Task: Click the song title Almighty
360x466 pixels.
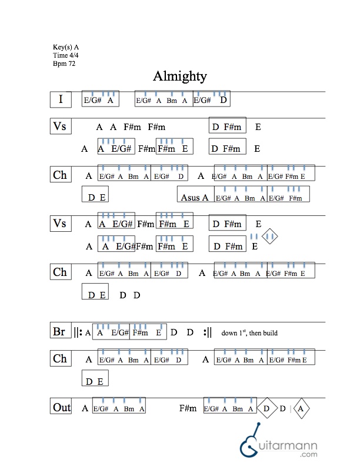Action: pyautogui.click(x=179, y=76)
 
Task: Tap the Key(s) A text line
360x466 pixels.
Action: pyautogui.click(x=66, y=46)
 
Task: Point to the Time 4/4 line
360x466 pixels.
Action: pyautogui.click(x=65, y=55)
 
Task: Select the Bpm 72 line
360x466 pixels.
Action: pyautogui.click(x=64, y=63)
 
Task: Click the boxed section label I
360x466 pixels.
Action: pyautogui.click(x=61, y=99)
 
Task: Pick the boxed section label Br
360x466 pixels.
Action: pyautogui.click(x=59, y=332)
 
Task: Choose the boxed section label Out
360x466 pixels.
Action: pyautogui.click(x=61, y=407)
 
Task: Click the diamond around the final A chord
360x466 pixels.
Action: pyautogui.click(x=301, y=408)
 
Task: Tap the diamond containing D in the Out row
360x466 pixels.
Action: pyautogui.click(x=266, y=408)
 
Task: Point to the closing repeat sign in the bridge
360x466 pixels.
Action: pyautogui.click(x=206, y=332)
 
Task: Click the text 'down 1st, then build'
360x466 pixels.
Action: pyautogui.click(x=249, y=334)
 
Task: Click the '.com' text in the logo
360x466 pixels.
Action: pyautogui.click(x=308, y=454)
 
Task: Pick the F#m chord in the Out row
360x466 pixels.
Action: pyautogui.click(x=188, y=408)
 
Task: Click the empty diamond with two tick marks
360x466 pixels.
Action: pyautogui.click(x=270, y=237)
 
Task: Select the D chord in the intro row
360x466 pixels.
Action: pyautogui.click(x=224, y=100)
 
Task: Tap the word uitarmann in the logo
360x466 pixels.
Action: pyautogui.click(x=290, y=443)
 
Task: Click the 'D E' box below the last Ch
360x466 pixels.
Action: pyautogui.click(x=94, y=381)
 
